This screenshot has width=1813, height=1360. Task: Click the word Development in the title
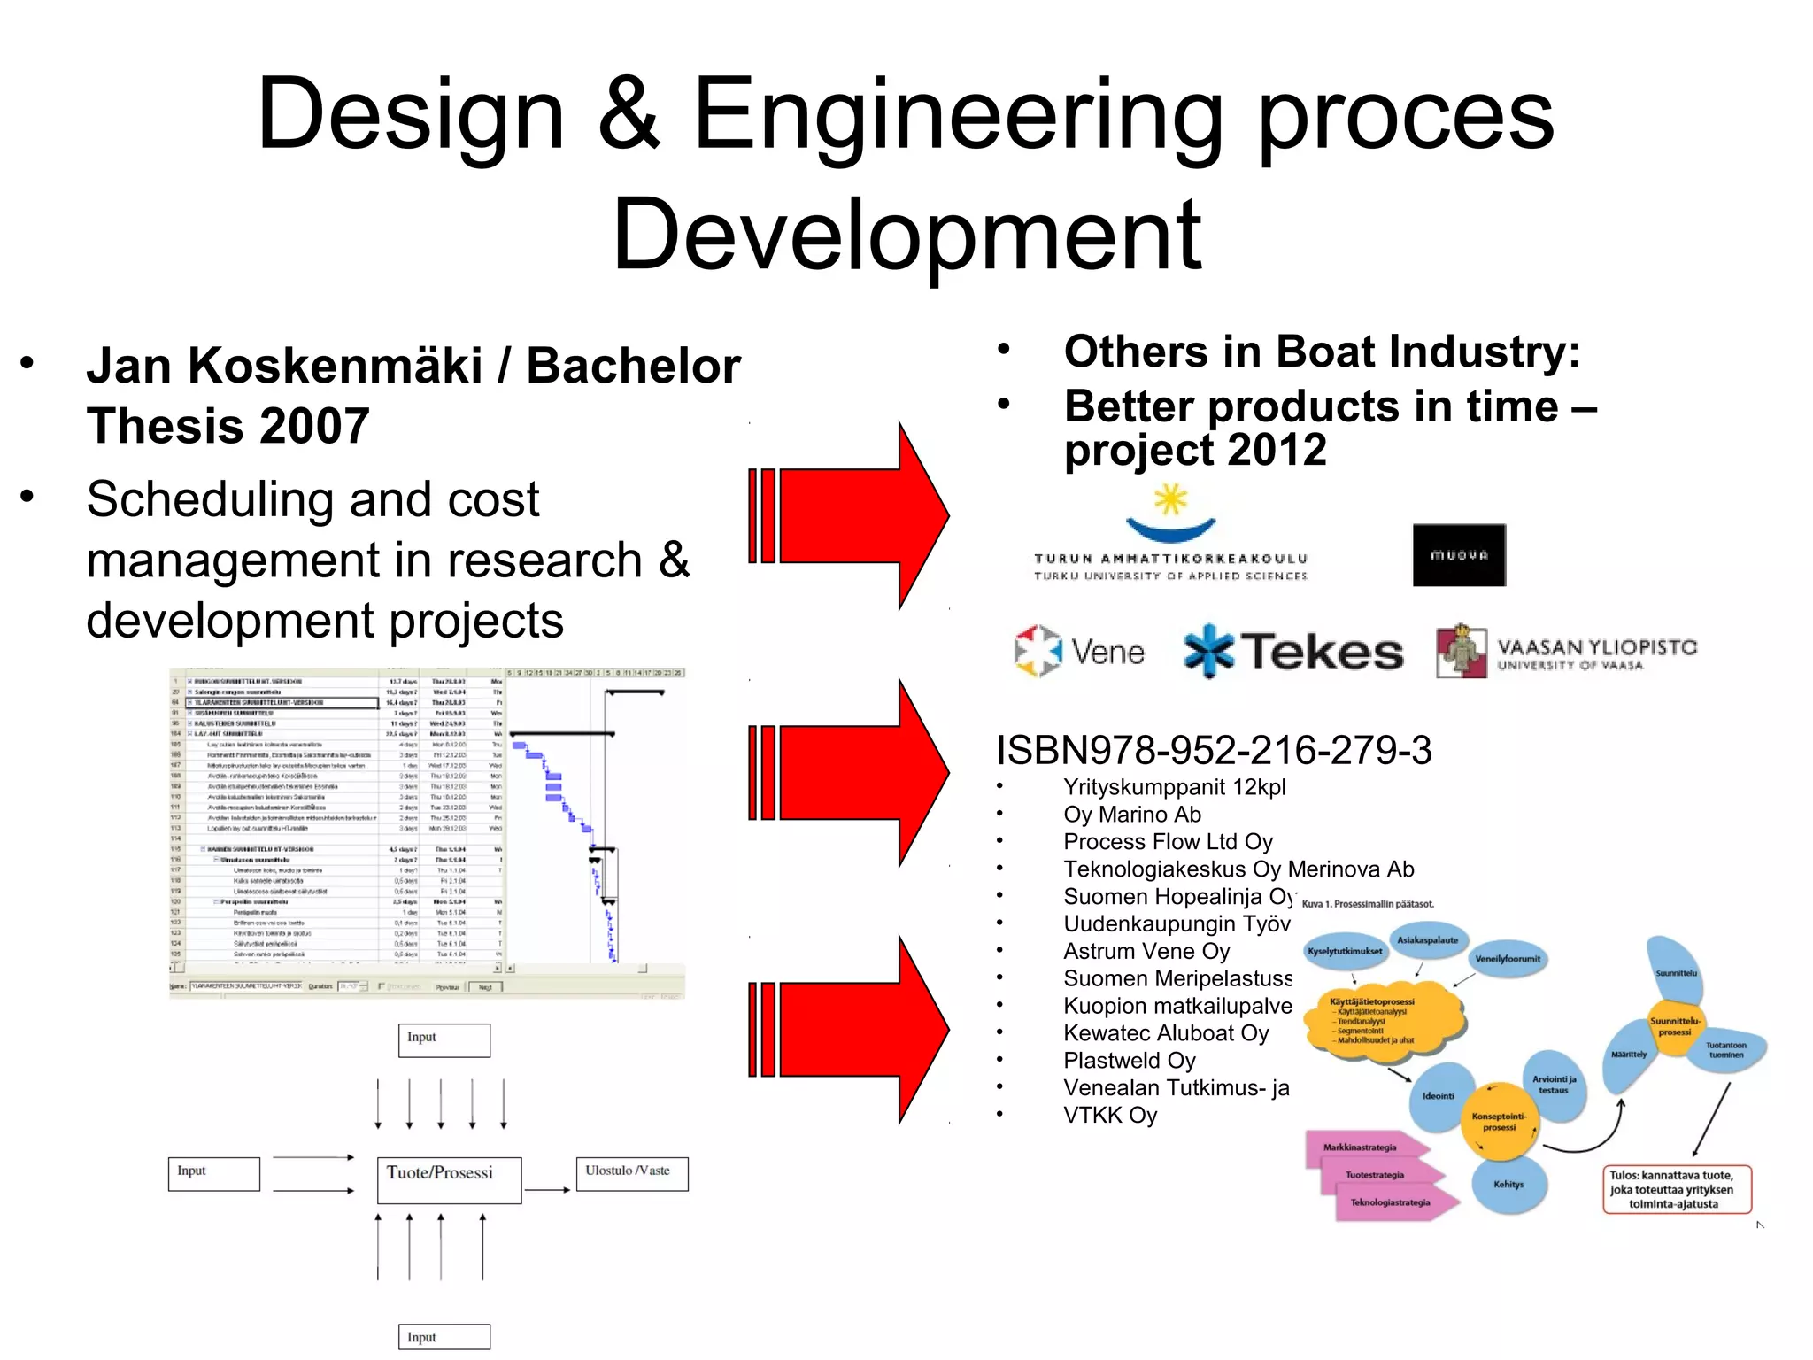(x=906, y=235)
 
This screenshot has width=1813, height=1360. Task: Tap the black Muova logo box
(x=1458, y=555)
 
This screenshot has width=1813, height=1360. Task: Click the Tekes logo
(x=1293, y=652)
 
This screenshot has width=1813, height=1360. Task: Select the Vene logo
(x=1079, y=652)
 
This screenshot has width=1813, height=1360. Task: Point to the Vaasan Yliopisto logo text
(x=1596, y=653)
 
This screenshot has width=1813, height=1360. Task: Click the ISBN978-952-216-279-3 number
(x=1213, y=750)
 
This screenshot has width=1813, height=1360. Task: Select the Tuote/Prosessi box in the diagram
(x=449, y=1179)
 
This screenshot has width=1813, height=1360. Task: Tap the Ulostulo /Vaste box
(x=631, y=1173)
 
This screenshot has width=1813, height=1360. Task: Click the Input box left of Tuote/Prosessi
(x=213, y=1173)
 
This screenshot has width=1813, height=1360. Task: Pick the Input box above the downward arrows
(x=444, y=1039)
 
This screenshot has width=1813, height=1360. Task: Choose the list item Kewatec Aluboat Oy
(x=1166, y=1033)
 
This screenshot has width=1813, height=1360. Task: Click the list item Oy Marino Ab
(x=1131, y=815)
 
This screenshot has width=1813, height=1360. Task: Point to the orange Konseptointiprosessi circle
(x=1499, y=1122)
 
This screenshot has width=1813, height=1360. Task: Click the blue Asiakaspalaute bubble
(x=1427, y=940)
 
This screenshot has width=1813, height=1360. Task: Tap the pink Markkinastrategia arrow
(x=1363, y=1147)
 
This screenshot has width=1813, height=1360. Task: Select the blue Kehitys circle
(x=1508, y=1185)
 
